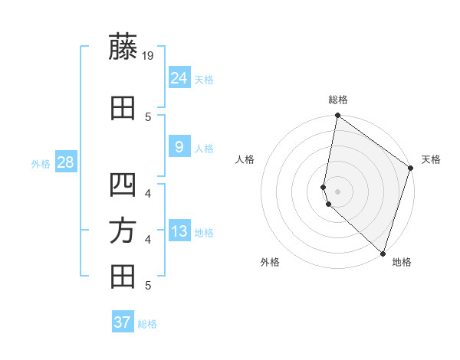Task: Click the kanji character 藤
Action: [123, 47]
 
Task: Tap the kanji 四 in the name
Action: [123, 186]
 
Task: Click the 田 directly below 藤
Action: [123, 108]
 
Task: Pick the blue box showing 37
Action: [123, 322]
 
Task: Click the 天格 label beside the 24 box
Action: [204, 80]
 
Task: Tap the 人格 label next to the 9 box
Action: [204, 149]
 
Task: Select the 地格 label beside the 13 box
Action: [204, 233]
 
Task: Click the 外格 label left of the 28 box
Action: [41, 164]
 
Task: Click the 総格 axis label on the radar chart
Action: [338, 100]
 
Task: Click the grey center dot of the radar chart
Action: [338, 191]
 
